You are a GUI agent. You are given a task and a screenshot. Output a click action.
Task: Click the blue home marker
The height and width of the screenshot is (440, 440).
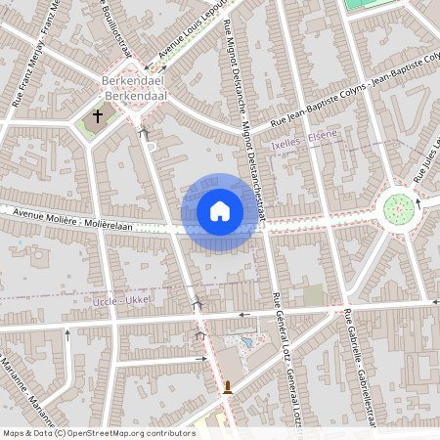[220, 210]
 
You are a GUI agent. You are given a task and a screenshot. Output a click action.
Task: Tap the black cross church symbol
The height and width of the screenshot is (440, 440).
[97, 116]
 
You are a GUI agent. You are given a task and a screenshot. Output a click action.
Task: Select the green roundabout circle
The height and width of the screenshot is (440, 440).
[398, 207]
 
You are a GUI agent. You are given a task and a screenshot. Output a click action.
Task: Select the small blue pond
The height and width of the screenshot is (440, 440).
[245, 343]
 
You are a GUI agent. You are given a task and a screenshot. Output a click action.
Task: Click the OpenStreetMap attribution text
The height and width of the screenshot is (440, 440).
[98, 433]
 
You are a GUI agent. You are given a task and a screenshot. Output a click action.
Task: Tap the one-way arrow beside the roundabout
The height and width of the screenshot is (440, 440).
[418, 203]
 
